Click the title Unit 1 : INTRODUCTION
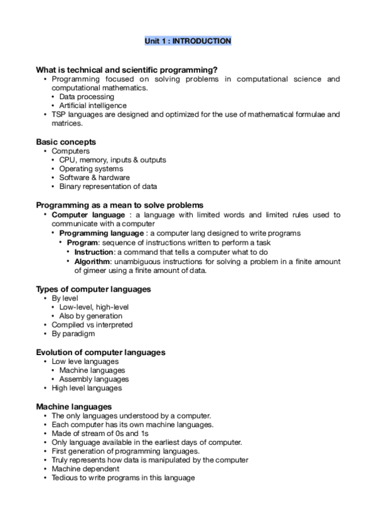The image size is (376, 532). pos(188,41)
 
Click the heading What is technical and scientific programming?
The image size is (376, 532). pos(127,70)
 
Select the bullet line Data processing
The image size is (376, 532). pos(87,97)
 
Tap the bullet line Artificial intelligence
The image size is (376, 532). pos(93,106)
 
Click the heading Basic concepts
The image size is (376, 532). pos(66,142)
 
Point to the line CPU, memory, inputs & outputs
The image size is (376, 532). pos(112,160)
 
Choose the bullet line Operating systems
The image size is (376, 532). pos(91,169)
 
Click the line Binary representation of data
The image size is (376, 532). pos(108,186)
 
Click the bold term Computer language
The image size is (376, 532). pos(88,215)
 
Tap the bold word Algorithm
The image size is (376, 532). pos(93,260)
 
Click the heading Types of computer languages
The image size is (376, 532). pos(93,289)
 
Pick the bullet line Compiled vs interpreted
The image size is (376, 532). pos(92,325)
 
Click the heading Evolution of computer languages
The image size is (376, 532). pos(100,353)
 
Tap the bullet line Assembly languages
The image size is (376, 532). pos(94,379)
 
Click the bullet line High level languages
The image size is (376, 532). pos(87,388)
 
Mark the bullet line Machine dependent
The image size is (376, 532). pos(85,469)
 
